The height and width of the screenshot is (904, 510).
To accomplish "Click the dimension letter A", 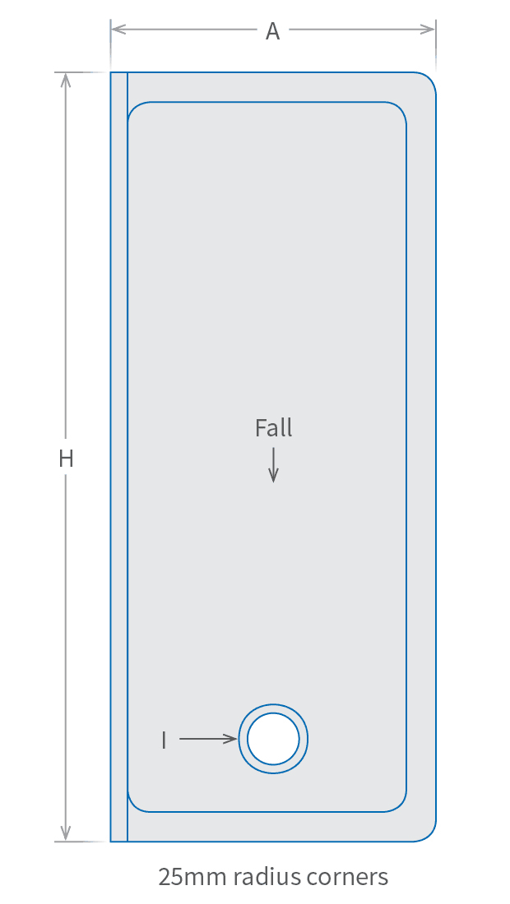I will (x=272, y=31).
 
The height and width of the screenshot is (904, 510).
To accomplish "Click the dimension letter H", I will (x=66, y=459).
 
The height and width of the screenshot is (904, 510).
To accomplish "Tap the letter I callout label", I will (x=164, y=740).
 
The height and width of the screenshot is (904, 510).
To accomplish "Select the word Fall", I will (x=273, y=428).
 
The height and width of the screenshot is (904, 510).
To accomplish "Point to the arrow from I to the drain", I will (x=207, y=739).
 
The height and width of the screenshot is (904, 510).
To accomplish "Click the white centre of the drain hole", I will (x=273, y=739).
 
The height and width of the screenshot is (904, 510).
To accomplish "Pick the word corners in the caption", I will (x=349, y=877).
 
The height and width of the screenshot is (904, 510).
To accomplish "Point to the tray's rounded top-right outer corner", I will (x=429, y=80).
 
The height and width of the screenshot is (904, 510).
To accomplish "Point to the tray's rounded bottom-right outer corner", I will (x=429, y=834).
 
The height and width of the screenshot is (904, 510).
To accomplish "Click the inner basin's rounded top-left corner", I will (x=133, y=108).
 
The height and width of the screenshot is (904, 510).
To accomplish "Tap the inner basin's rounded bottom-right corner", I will (x=401, y=806).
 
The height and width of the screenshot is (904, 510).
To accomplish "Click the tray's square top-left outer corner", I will (x=111, y=73).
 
